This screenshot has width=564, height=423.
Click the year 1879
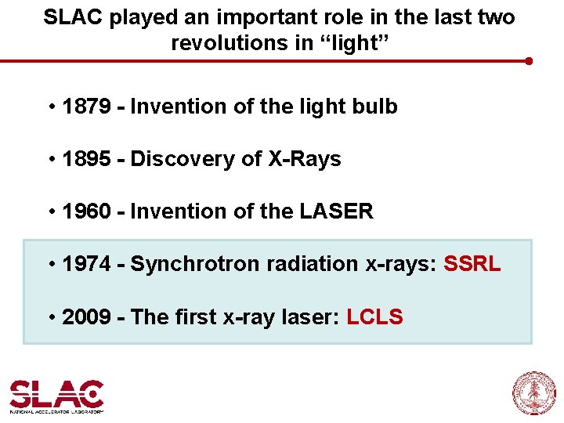[85, 107]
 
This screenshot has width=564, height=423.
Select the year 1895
[85, 159]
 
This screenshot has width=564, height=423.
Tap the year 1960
[85, 211]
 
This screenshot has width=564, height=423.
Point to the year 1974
[85, 264]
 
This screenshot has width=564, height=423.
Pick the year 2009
[85, 317]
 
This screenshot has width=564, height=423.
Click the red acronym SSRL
[472, 264]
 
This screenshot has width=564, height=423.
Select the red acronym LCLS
[374, 317]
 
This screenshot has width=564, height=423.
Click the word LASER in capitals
[336, 211]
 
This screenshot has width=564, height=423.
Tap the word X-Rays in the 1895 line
[305, 159]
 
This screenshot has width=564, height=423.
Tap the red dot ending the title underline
[530, 61]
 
